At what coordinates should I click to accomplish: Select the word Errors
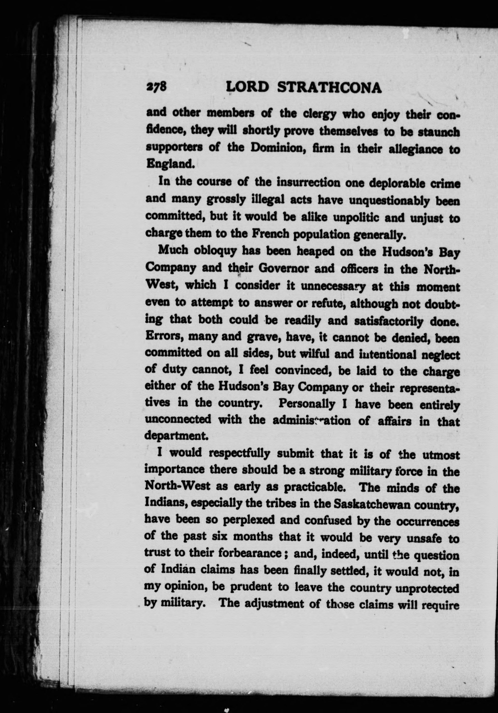[x=163, y=338]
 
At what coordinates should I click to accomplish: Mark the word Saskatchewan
[x=359, y=504]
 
